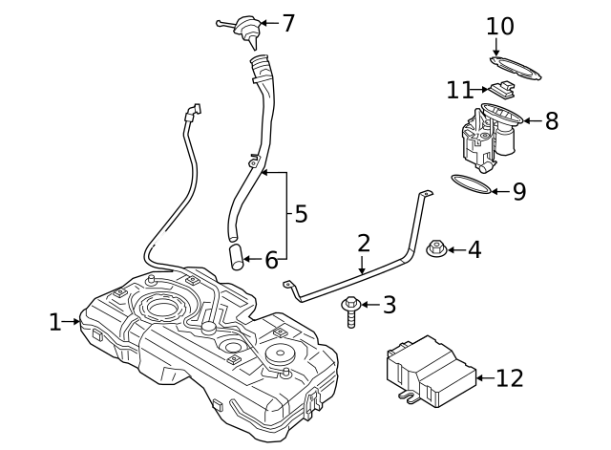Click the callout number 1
pos(55,322)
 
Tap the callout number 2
pos(364,243)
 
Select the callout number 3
pos(389,306)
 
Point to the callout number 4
pos(474,250)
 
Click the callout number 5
pos(301,213)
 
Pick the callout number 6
pos(271,259)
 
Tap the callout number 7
pos(288,23)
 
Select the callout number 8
pos(551,121)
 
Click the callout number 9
pos(518,192)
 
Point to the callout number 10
pos(499,26)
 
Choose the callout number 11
pos(459,90)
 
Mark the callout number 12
pos(510,378)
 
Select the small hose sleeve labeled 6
pos(237,257)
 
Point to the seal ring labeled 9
pos(472,184)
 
